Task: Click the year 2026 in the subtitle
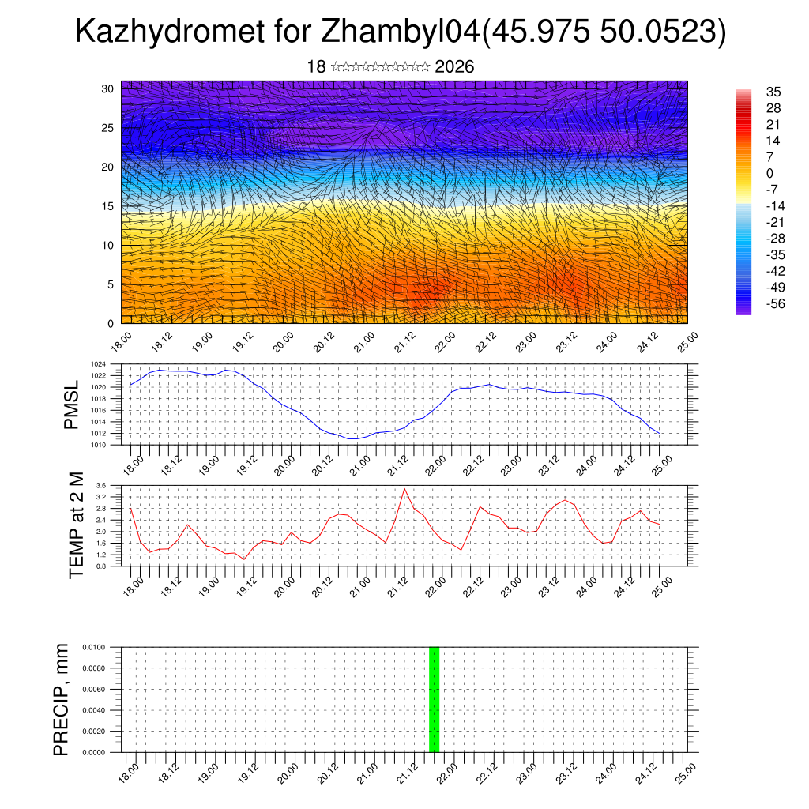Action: (454, 66)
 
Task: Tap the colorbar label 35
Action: (773, 92)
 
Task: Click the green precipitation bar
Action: (434, 699)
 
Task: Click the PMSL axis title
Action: (72, 404)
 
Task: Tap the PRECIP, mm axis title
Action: (62, 699)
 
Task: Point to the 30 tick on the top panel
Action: (107, 88)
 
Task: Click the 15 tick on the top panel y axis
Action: (107, 206)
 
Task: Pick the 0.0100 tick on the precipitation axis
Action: (107, 647)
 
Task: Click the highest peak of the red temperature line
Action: (405, 488)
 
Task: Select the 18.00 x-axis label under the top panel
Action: (122, 342)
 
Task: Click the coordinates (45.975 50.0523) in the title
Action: (604, 32)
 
